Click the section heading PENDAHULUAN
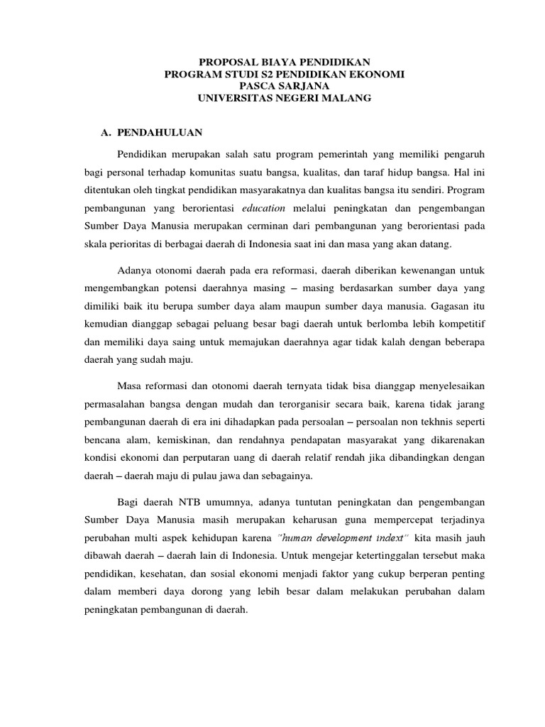160,132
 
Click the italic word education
263,208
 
